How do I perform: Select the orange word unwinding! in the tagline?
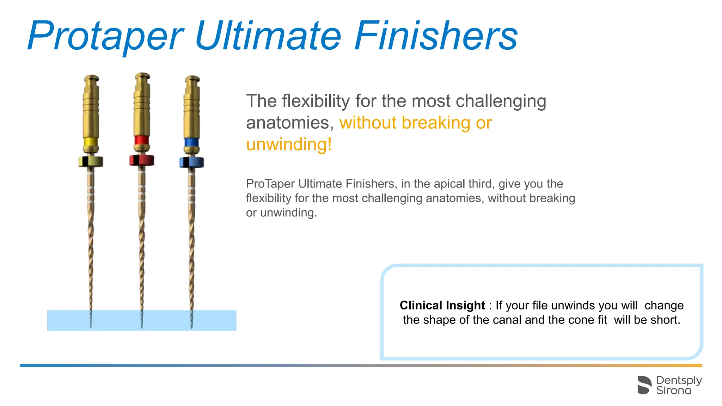tap(289, 144)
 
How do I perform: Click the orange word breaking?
tap(436, 123)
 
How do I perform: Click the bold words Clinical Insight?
tap(442, 305)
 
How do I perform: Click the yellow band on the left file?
tap(91, 142)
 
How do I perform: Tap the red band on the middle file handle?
tap(141, 140)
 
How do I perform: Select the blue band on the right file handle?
tap(191, 142)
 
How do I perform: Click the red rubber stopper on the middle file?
tap(141, 160)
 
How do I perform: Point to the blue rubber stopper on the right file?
tap(191, 162)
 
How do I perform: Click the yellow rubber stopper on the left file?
tap(91, 161)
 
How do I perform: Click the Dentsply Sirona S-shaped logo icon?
tap(644, 385)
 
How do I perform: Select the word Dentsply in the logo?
tap(679, 380)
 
